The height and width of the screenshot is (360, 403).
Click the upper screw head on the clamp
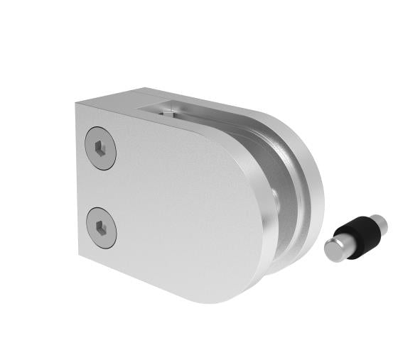[102, 148]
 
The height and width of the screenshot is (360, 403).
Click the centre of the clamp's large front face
[178, 206]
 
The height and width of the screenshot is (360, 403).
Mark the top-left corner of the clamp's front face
[77, 104]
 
